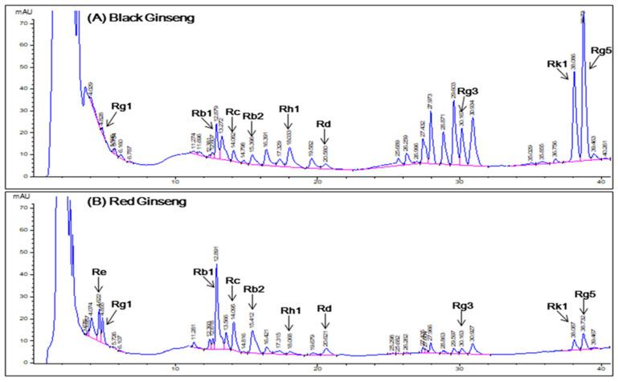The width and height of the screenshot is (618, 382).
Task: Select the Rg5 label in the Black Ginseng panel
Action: (602, 51)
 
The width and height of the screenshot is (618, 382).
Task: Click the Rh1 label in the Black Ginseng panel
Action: (289, 111)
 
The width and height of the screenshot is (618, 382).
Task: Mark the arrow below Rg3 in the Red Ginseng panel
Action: (459, 320)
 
